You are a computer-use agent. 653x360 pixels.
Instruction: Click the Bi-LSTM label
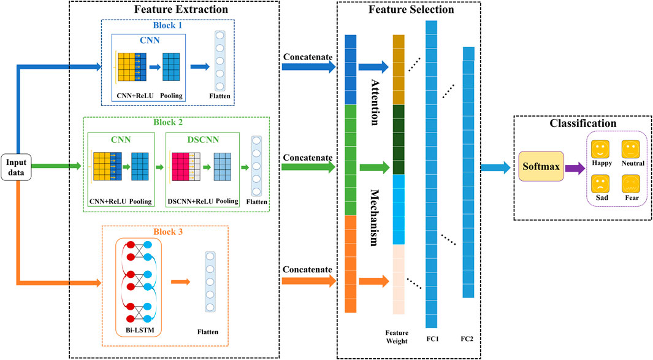click(137, 331)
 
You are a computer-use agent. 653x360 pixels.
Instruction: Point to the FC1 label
click(431, 338)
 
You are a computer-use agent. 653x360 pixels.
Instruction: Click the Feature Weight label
click(398, 337)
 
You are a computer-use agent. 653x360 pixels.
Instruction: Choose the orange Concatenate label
click(307, 270)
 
